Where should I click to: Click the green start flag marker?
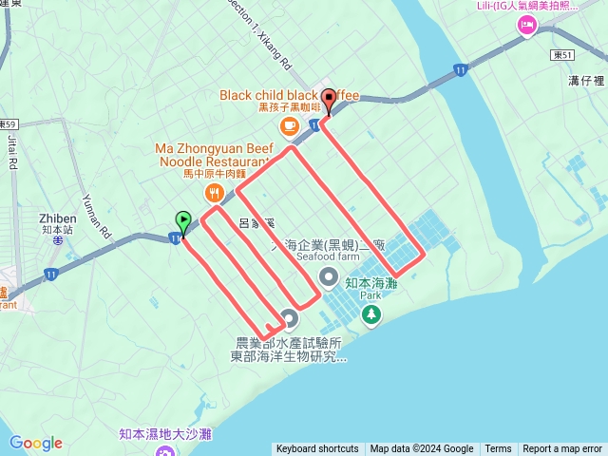click(x=182, y=221)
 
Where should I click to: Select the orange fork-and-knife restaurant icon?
click(x=214, y=194)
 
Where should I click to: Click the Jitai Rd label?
click(x=12, y=152)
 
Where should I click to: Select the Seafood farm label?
click(x=328, y=256)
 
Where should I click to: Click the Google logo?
click(x=36, y=443)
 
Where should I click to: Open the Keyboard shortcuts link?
click(x=317, y=449)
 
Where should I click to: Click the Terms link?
click(x=498, y=449)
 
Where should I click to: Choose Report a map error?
click(x=562, y=449)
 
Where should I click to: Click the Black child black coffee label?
click(x=289, y=95)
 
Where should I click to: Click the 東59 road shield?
click(x=8, y=124)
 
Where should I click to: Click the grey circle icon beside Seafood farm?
click(x=328, y=276)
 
